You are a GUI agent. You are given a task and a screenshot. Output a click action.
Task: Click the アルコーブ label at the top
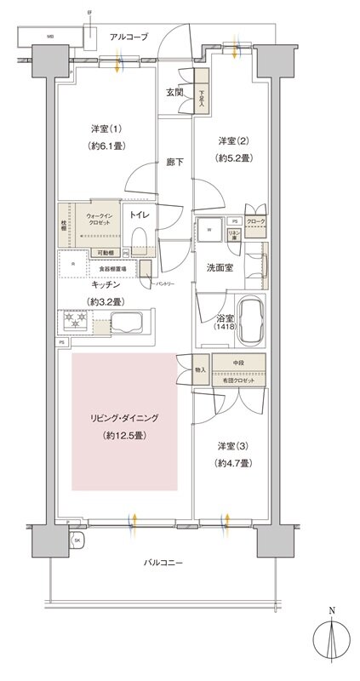[x=128, y=37]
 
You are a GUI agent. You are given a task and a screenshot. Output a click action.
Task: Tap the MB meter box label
[x=50, y=37]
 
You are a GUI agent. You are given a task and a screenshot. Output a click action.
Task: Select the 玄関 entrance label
[x=174, y=93]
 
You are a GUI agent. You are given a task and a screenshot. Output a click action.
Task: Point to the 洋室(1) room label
[x=107, y=129]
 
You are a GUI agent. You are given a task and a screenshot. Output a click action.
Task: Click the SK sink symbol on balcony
[x=77, y=541]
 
